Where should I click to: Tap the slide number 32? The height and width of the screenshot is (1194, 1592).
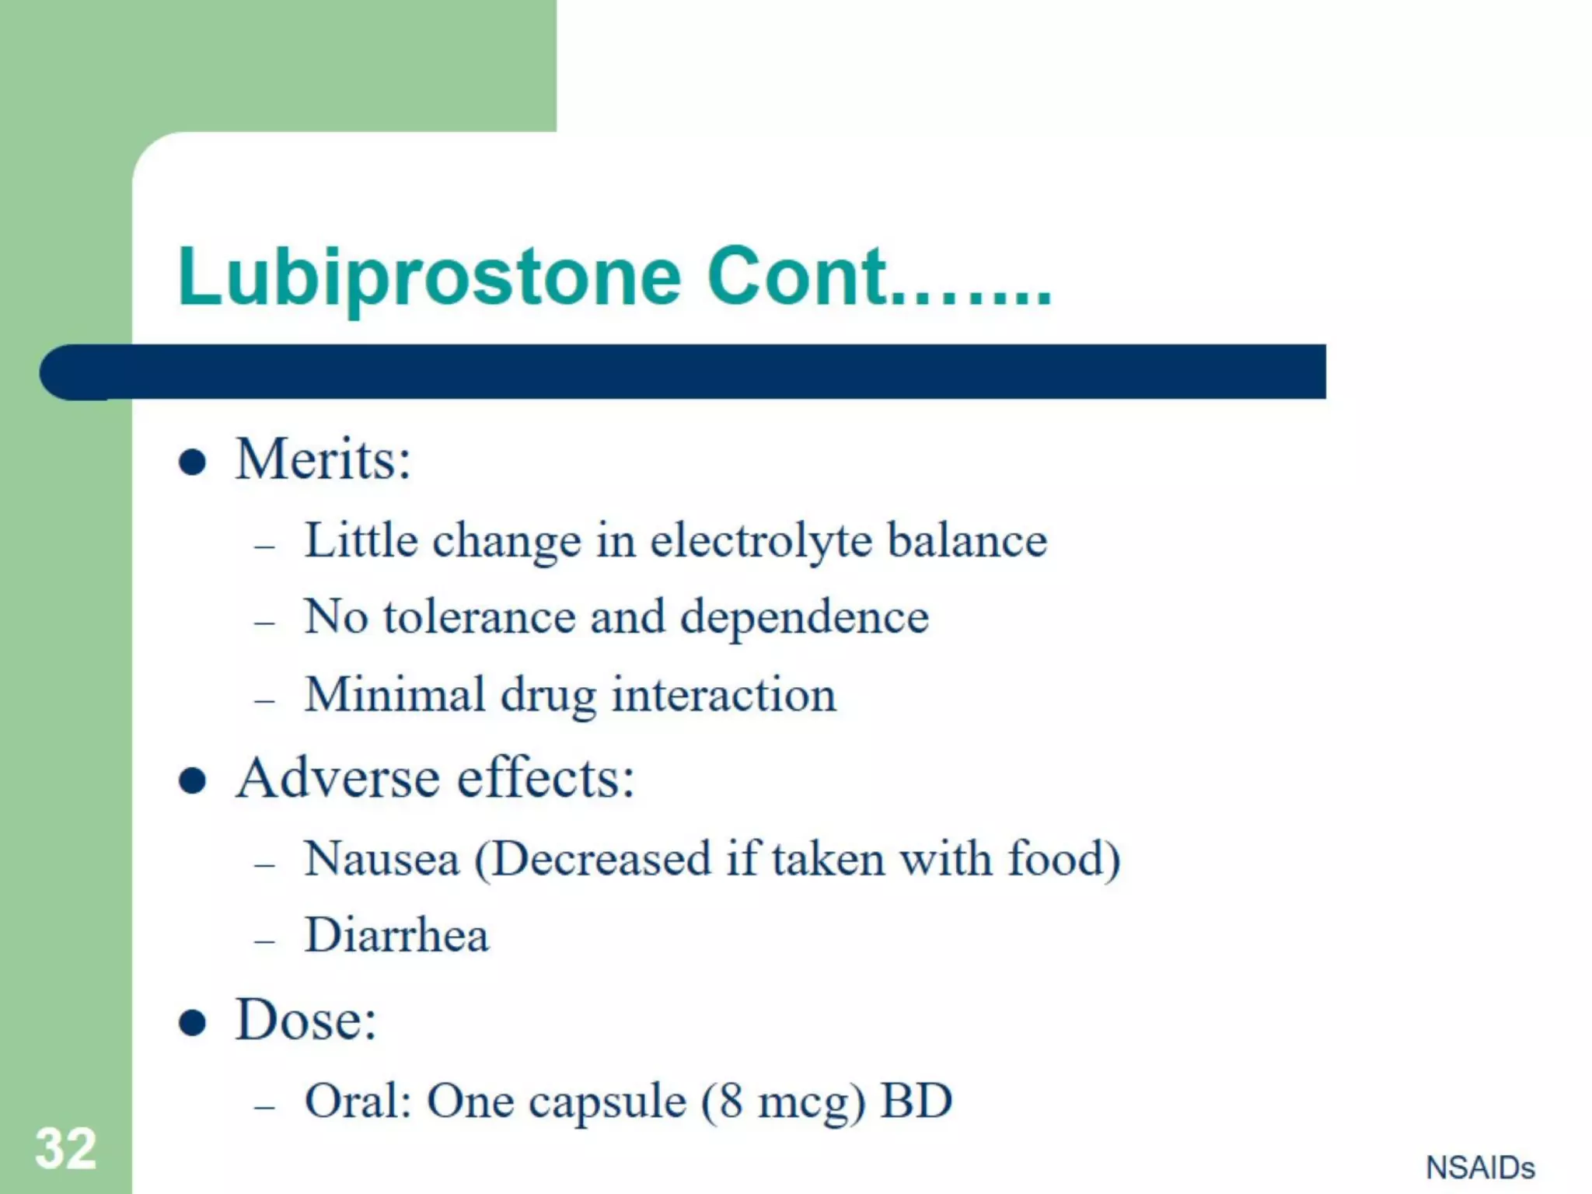[x=66, y=1148]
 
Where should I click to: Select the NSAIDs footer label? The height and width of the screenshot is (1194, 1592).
[x=1480, y=1168]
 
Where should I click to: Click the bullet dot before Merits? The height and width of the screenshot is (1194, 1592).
[x=192, y=463]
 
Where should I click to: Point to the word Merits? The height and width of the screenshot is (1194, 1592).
[x=323, y=459]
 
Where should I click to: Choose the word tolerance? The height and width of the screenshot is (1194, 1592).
[x=479, y=617]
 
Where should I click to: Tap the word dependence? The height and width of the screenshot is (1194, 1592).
[x=805, y=619]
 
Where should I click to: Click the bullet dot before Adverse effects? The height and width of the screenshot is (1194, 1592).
[x=192, y=780]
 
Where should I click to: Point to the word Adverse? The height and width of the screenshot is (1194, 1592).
[x=340, y=778]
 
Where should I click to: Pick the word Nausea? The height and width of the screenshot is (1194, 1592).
[x=382, y=860]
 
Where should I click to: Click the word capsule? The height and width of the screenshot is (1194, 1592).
[x=607, y=1102]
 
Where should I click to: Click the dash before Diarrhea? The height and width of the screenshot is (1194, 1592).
[x=264, y=941]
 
